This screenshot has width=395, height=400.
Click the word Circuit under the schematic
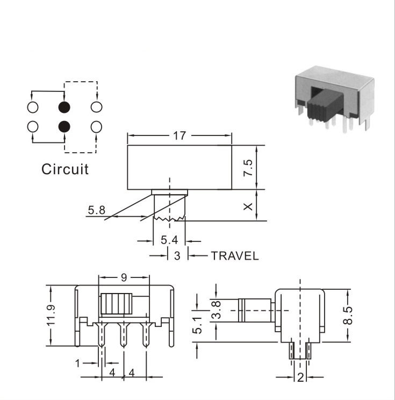(65, 169)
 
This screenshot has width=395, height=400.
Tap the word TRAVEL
(235, 256)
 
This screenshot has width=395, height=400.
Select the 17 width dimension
(179, 135)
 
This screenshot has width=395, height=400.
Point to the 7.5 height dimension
(248, 168)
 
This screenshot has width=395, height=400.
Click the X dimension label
(248, 206)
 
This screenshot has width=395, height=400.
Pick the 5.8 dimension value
(96, 210)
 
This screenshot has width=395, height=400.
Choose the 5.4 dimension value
(169, 240)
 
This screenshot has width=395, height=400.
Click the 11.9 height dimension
(51, 316)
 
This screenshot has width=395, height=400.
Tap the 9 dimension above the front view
(124, 277)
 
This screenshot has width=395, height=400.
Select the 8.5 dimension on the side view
(348, 316)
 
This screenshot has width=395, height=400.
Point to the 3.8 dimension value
(216, 310)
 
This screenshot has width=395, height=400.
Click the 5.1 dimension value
(197, 325)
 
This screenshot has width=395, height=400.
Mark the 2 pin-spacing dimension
(300, 377)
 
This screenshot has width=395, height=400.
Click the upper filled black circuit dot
(64, 107)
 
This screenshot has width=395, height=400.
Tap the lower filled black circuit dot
(64, 126)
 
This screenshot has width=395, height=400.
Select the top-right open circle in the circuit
(96, 107)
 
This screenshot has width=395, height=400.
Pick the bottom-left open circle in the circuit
(33, 127)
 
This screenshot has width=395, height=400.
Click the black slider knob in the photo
(325, 105)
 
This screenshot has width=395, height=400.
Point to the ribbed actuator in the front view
(117, 304)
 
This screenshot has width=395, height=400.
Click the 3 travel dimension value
(177, 256)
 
